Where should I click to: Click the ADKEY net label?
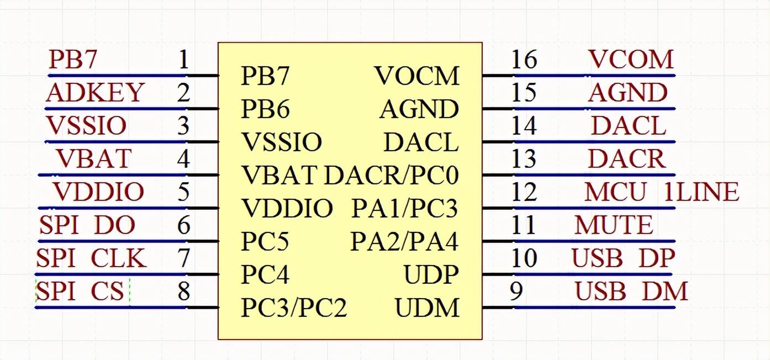pos(95,93)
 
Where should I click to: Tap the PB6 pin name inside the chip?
pos(265,109)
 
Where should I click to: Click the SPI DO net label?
pos(87,225)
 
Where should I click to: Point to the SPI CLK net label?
pos(91,258)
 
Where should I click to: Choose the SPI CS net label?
pos(80,292)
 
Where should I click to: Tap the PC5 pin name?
pos(265,242)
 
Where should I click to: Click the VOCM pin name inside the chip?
pos(416,76)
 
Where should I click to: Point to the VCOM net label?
pos(631,60)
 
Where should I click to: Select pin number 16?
pos(524,60)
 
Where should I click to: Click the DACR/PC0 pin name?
pos(391,176)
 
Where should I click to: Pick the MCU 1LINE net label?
pos(661,192)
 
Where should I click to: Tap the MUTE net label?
pos(614,225)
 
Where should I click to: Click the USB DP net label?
pos(623,258)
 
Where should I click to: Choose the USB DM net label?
pos(631,292)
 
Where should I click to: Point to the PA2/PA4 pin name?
pos(404,242)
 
